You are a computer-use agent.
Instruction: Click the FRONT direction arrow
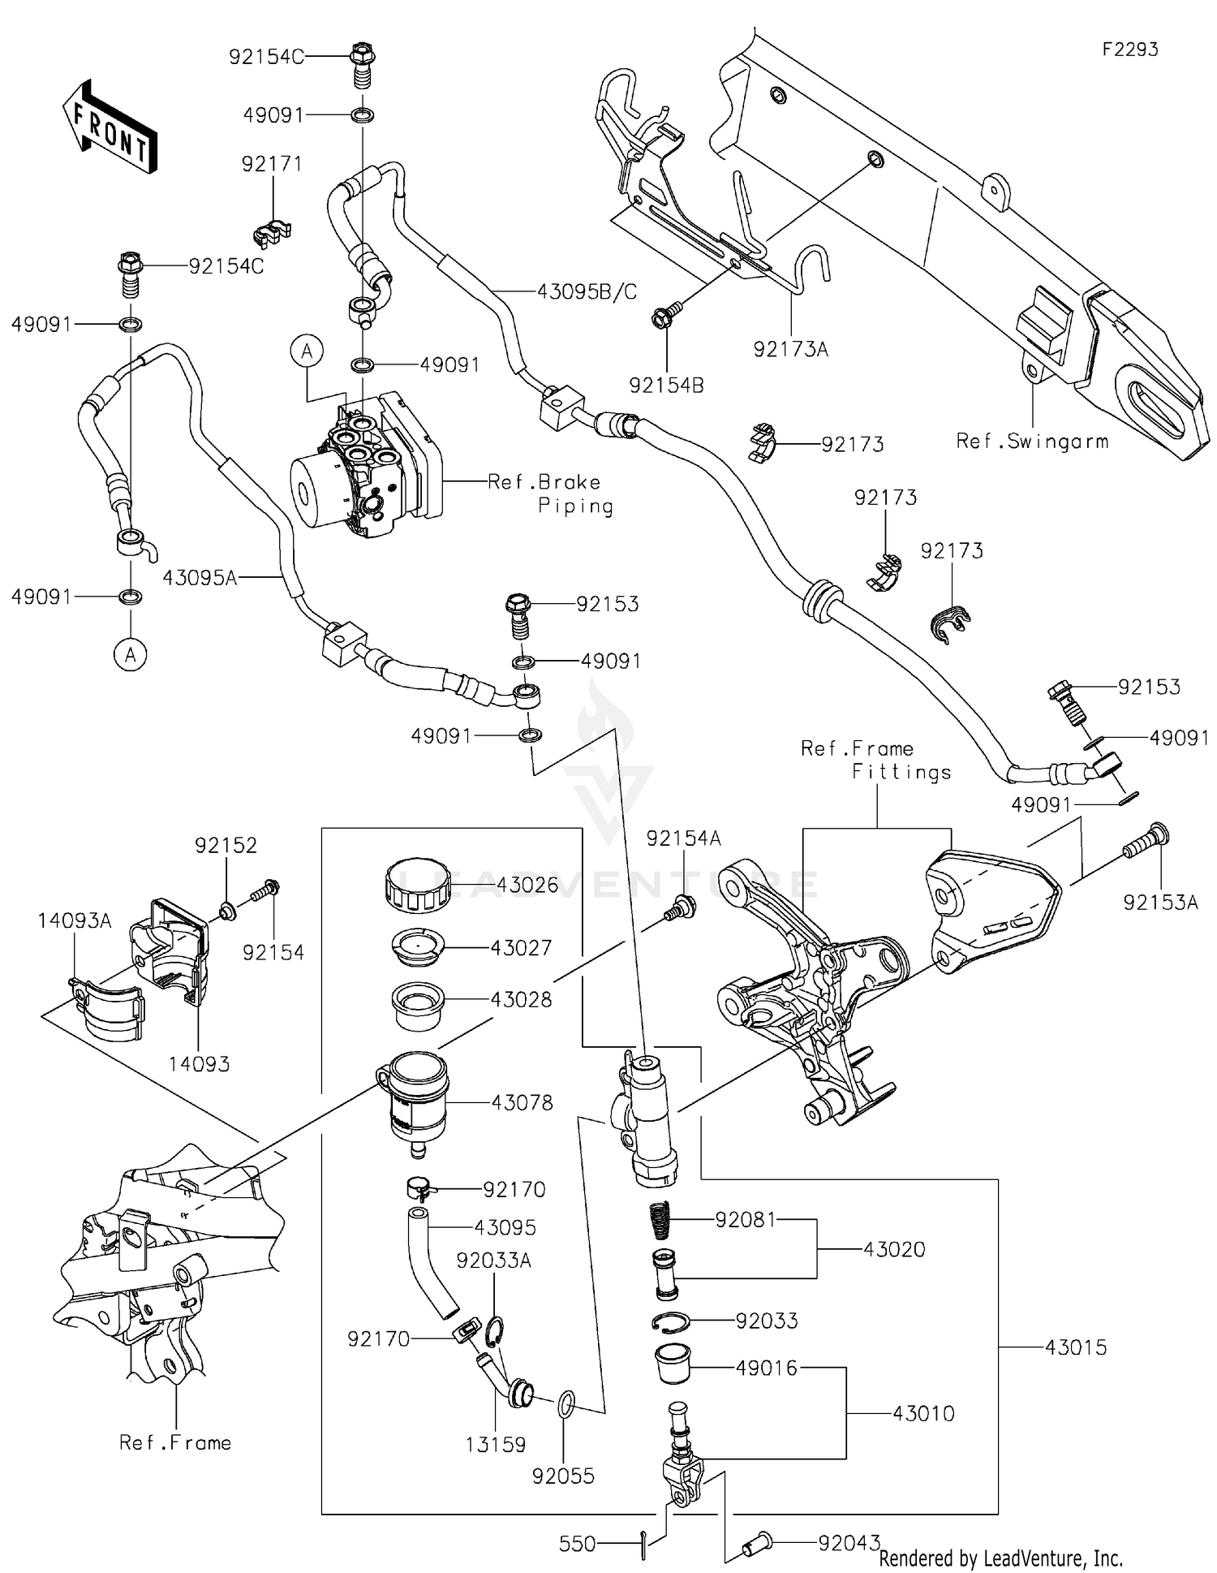110,127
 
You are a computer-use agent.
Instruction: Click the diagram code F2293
1129,50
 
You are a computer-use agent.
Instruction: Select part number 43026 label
527,885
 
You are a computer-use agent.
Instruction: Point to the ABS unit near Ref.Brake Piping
365,469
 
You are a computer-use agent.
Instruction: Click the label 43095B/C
587,291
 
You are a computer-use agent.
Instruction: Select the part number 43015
1075,1347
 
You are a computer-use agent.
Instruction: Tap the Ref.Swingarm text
1032,442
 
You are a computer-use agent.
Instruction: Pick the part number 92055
563,1476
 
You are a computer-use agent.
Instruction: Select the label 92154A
683,838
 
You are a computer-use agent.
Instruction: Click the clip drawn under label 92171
273,234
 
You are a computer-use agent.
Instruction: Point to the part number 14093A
74,920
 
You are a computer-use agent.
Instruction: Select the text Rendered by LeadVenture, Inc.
1000,1558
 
